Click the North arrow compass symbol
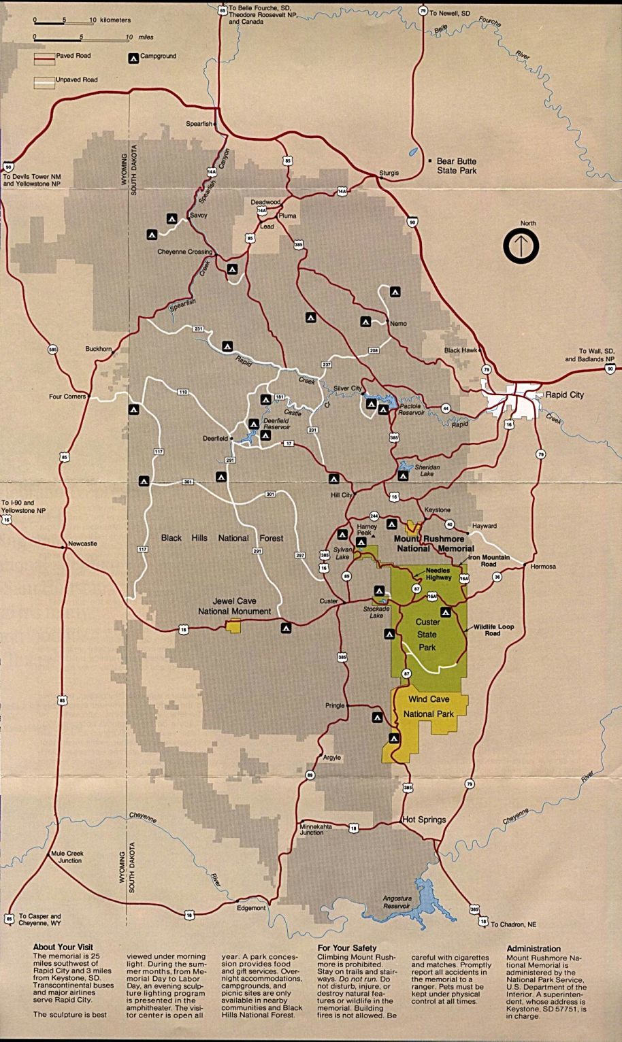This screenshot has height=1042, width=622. tap(521, 246)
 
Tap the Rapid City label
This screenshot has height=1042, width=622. tap(564, 394)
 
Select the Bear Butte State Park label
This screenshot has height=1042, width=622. tap(457, 166)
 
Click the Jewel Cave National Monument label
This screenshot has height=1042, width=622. tap(234, 606)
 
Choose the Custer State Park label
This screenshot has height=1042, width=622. tap(427, 635)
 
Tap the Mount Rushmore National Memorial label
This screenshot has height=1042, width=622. tap(435, 543)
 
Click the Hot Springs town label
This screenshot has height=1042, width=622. tap(424, 820)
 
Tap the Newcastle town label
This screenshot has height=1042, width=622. tap(82, 543)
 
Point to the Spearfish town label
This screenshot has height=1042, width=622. tap(199, 124)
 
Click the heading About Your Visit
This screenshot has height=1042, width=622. tap(63, 947)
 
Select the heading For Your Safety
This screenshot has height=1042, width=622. tap(347, 947)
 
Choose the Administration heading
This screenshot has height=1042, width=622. tap(534, 948)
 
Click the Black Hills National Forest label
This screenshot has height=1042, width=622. tap(222, 538)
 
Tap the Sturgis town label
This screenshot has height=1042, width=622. tap(389, 173)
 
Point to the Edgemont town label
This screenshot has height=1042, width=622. tap(251, 908)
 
